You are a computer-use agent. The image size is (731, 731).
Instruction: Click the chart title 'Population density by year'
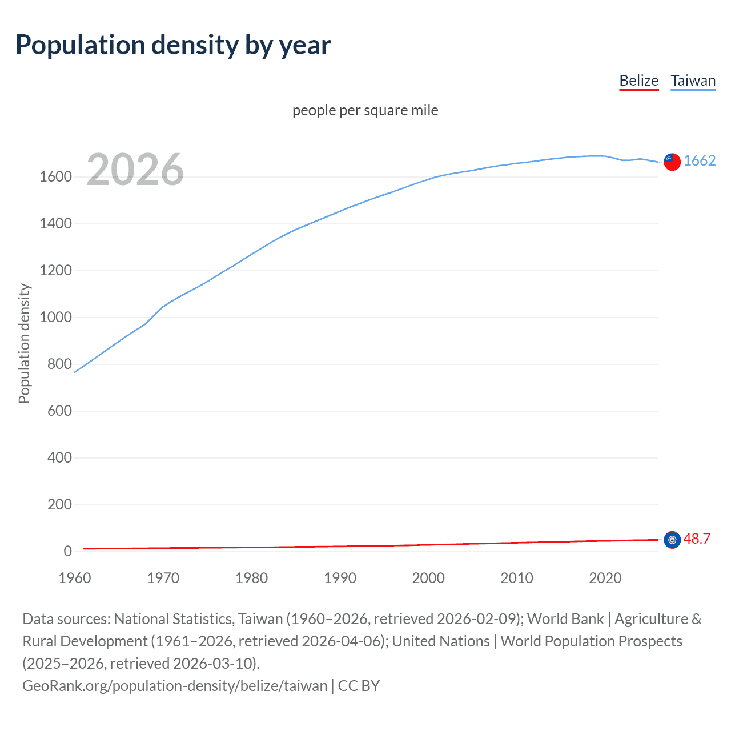[x=173, y=45]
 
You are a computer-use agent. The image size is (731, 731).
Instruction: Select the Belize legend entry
[x=638, y=81]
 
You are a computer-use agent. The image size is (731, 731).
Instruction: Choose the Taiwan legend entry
[x=693, y=81]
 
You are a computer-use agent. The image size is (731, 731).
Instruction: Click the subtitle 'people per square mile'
[x=365, y=110]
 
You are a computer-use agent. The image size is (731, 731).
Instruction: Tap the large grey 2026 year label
[x=135, y=170]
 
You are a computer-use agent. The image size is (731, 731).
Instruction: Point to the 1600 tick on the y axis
[x=55, y=177]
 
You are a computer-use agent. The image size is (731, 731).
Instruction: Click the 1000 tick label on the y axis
[x=55, y=318]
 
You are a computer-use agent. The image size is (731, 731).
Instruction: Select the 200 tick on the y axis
[x=59, y=505]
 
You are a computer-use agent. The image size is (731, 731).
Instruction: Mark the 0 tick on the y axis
[x=67, y=552]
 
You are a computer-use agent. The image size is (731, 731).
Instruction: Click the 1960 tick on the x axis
[x=75, y=578]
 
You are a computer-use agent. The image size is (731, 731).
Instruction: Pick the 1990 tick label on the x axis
[x=340, y=578]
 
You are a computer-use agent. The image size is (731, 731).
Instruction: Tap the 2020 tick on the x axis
[x=605, y=578]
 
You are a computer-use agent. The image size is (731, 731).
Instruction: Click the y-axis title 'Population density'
[x=24, y=344]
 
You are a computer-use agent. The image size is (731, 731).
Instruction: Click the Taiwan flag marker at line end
[x=672, y=162]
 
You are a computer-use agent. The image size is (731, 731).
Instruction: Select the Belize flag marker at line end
[x=672, y=540]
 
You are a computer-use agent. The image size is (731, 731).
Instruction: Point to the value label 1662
[x=699, y=161]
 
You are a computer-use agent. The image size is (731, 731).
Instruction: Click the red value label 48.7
[x=697, y=539]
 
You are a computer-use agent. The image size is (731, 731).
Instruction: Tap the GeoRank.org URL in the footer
[x=175, y=686]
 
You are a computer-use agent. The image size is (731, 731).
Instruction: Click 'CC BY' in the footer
[x=359, y=686]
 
